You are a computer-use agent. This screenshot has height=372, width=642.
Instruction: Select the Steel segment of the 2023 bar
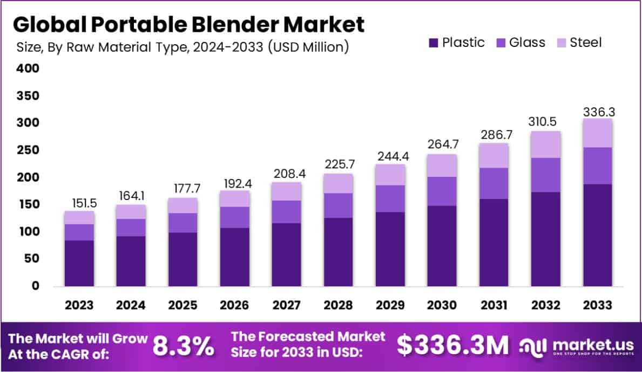(x=79, y=217)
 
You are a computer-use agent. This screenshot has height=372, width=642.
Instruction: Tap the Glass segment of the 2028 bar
(x=339, y=205)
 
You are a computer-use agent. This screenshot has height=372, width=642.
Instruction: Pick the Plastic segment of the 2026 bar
(x=235, y=257)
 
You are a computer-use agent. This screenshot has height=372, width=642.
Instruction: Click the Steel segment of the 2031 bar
(x=494, y=155)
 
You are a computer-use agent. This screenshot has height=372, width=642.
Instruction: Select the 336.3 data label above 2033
(x=598, y=112)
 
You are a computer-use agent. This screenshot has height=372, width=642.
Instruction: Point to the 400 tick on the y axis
(x=29, y=69)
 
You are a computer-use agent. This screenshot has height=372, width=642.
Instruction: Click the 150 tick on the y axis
(x=29, y=204)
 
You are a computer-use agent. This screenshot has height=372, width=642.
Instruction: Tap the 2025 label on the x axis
(x=183, y=305)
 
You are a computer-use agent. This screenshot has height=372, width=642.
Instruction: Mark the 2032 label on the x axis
(x=546, y=305)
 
